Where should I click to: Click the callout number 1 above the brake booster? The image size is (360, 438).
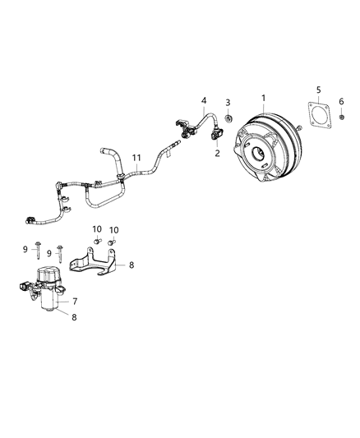(263, 98)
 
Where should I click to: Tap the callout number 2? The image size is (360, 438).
(217, 154)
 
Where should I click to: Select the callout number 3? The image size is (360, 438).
(227, 102)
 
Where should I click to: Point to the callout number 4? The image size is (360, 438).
(203, 101)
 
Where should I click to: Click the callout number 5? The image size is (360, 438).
(319, 88)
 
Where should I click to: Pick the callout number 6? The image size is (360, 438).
(341, 101)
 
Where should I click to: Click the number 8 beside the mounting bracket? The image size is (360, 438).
(131, 265)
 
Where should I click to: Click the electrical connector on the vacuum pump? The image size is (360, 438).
(22, 288)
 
